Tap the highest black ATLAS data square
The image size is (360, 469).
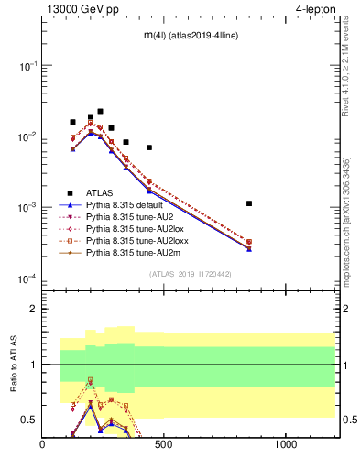pos(100,111)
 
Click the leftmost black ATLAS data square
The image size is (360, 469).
pos(72,122)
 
